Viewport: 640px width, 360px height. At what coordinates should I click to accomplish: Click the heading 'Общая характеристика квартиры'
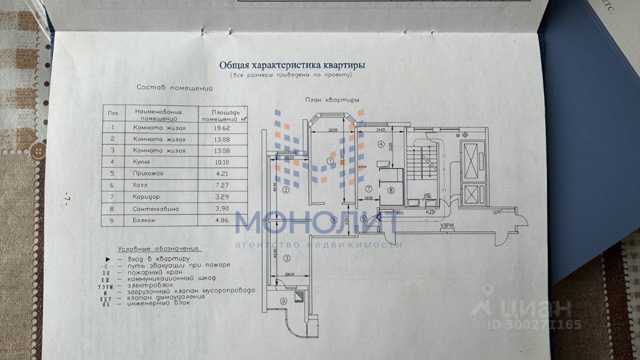point(292,65)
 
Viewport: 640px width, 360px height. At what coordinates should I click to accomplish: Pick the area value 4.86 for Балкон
point(222,220)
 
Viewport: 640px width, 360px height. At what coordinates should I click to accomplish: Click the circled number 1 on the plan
point(330,160)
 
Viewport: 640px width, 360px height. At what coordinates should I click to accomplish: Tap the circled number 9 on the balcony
point(283,301)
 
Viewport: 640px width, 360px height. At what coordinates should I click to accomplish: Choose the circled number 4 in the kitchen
point(381,145)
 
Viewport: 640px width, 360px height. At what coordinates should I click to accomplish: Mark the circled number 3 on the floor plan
point(287,258)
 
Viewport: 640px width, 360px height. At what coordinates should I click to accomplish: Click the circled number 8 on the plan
point(391,190)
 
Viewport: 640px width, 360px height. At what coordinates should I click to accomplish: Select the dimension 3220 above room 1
point(333,129)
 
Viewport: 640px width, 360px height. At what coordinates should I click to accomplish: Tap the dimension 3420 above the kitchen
point(381,129)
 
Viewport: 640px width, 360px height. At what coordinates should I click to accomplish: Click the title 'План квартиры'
point(332,100)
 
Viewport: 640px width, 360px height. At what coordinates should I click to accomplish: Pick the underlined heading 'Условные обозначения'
point(158,248)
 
